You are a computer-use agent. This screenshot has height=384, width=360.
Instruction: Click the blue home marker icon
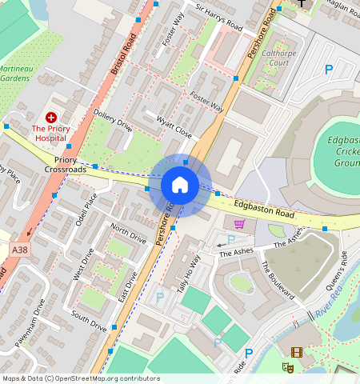(x=180, y=186)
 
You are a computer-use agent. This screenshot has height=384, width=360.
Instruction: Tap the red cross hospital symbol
(x=51, y=117)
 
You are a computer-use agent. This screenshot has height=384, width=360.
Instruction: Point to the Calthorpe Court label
(x=279, y=58)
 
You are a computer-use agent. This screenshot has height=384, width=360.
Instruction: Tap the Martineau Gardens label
(x=15, y=74)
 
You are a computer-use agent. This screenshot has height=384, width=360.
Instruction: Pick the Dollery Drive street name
(x=113, y=121)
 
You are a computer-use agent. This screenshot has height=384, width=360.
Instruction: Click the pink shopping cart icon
(x=238, y=223)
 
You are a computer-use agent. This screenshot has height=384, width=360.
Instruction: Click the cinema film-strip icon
(x=297, y=352)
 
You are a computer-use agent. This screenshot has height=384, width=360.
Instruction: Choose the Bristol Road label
(x=124, y=55)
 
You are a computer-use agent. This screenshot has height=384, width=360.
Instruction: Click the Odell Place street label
(x=86, y=210)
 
